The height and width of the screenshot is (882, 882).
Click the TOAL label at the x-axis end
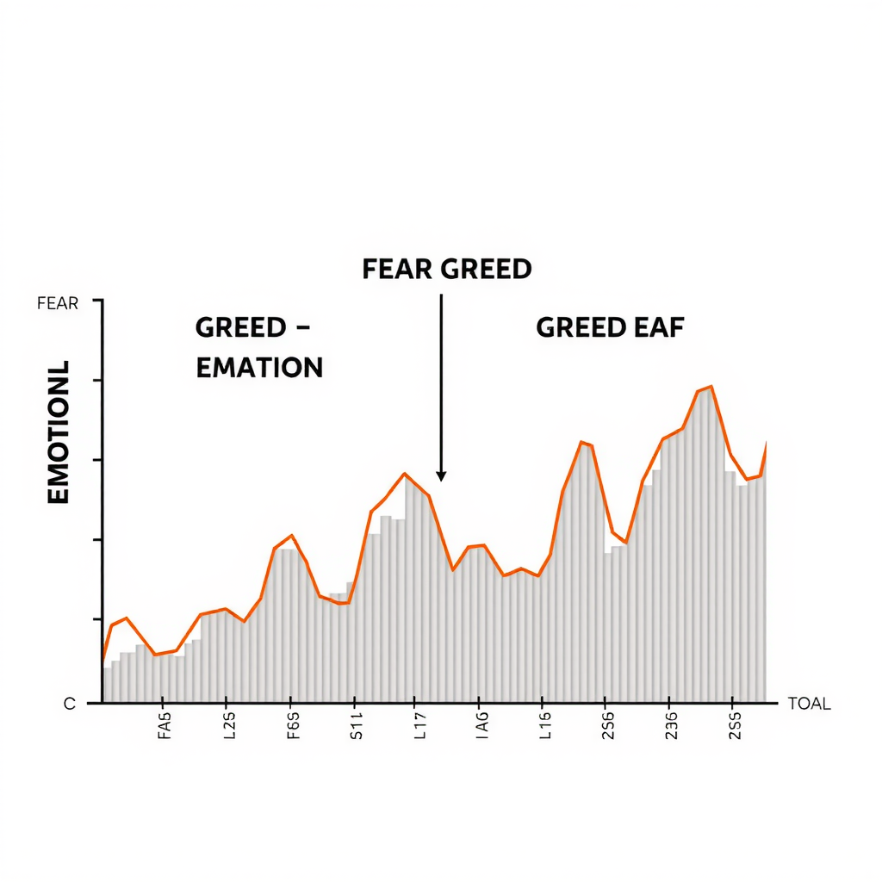coord(809,704)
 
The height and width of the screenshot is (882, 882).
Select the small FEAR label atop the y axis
coord(58,303)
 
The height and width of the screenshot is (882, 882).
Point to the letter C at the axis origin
coord(70,704)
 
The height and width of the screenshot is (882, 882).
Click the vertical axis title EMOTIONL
coord(59,432)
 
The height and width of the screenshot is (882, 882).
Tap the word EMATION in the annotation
coord(259,368)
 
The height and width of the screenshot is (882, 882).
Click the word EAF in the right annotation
coord(658,327)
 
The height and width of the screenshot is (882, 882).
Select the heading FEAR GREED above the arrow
coord(446,269)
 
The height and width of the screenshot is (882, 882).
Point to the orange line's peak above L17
coord(405,474)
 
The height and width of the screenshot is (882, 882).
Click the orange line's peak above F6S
coord(293,535)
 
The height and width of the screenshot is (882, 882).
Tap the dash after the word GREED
coord(301,328)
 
